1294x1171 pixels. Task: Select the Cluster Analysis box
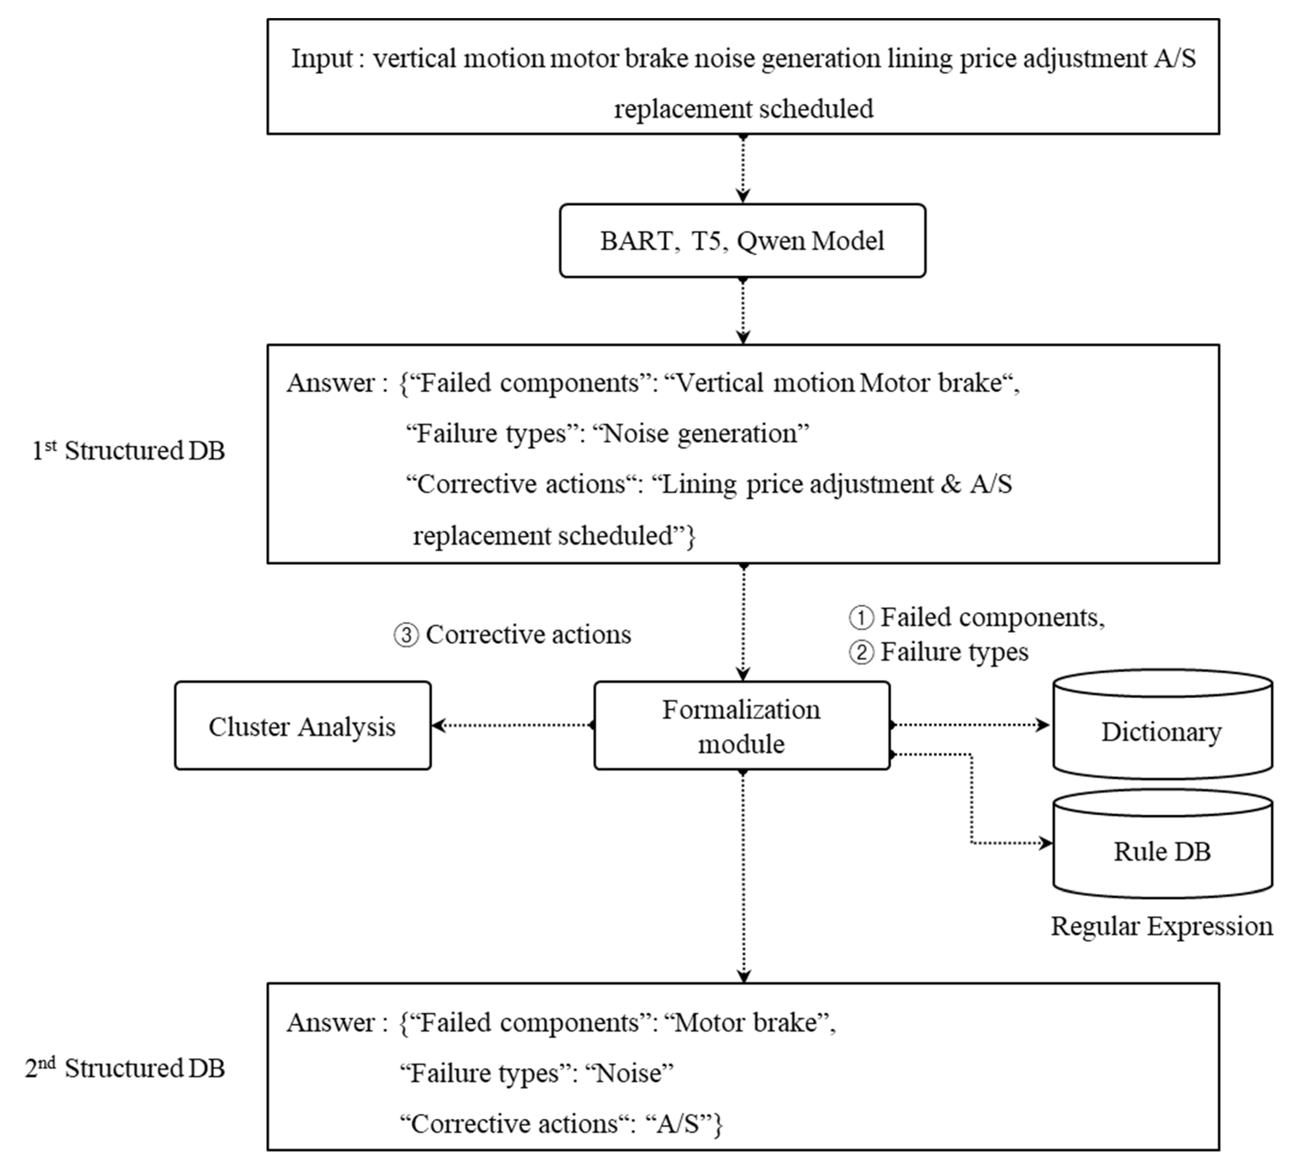pos(302,725)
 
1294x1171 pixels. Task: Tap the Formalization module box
pos(742,725)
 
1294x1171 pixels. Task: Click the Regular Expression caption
pos(1162,926)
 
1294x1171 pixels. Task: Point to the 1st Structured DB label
pos(128,451)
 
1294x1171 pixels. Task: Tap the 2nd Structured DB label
pos(125,1068)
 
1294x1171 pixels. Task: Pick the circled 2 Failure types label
pos(939,652)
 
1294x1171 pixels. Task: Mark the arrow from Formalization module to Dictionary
pos(970,725)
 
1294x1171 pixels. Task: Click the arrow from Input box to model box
pos(743,169)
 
